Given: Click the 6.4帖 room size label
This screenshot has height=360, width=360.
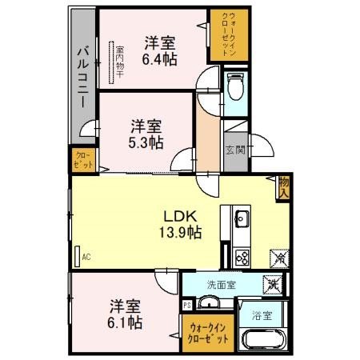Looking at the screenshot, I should (x=160, y=58).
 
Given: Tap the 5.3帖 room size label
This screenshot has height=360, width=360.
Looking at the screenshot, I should (x=147, y=141).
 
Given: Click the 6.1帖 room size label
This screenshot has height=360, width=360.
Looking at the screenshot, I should (x=126, y=322).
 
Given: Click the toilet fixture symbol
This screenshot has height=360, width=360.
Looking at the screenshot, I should (x=234, y=86).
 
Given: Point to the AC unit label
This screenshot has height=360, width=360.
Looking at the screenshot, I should (x=85, y=257).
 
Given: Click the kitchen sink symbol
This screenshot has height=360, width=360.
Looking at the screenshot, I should (x=241, y=218).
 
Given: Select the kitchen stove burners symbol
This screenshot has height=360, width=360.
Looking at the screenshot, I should (x=241, y=257).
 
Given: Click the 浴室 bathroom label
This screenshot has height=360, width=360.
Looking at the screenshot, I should (x=261, y=315).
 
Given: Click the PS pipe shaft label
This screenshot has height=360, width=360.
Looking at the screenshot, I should (x=186, y=305).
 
